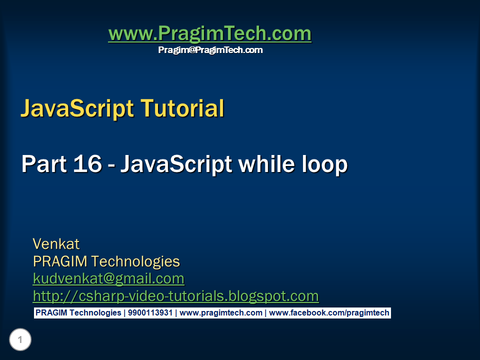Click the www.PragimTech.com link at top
(209, 34)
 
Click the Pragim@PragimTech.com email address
(210, 50)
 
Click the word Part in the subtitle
(40, 164)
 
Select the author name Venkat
(56, 244)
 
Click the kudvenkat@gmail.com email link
(108, 278)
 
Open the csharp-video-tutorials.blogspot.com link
(175, 296)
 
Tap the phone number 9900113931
(150, 313)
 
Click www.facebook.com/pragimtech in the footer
(329, 313)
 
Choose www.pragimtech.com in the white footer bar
(220, 313)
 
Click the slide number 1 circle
(20, 340)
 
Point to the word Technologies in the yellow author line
(135, 261)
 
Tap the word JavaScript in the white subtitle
(177, 164)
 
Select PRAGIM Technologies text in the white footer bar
(78, 313)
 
